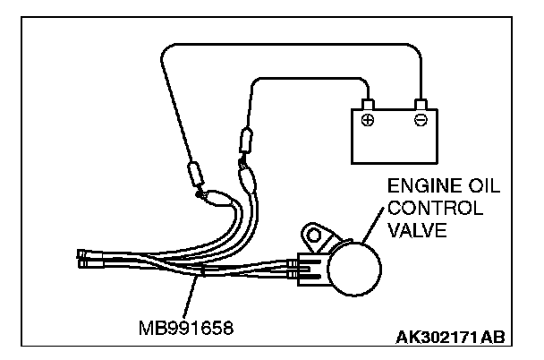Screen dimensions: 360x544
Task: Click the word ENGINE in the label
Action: tap(419, 187)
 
